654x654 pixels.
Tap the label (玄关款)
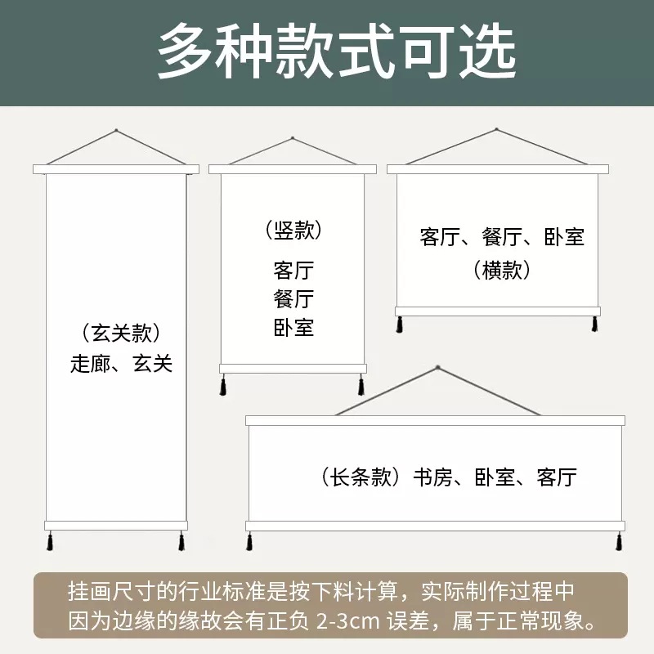(120, 334)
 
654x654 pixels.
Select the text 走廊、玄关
(121, 365)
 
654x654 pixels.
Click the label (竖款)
(293, 231)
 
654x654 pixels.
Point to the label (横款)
(502, 271)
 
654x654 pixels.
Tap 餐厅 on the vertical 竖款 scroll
(293, 299)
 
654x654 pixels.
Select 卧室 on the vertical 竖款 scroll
(293, 329)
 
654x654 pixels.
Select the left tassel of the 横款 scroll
(400, 324)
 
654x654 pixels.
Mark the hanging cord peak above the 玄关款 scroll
(116, 130)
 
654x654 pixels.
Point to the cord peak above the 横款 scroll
(497, 128)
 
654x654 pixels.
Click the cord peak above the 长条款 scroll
(437, 368)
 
